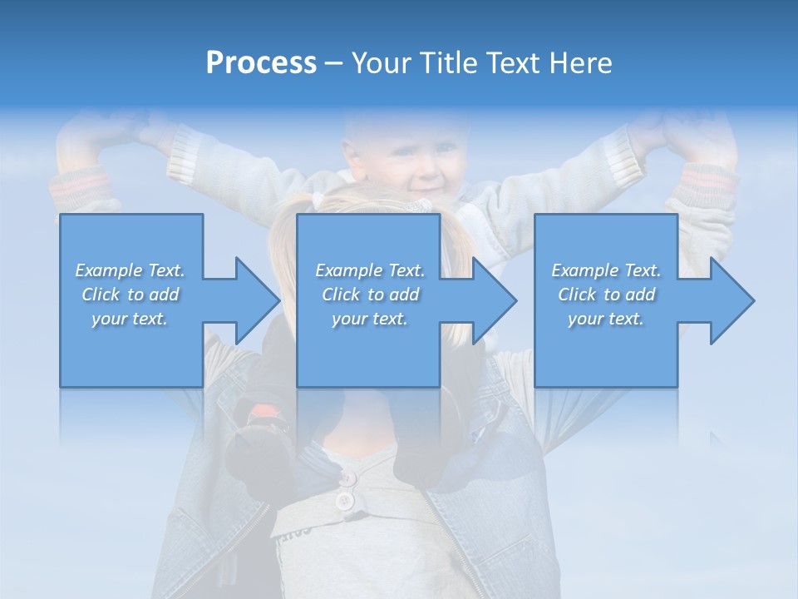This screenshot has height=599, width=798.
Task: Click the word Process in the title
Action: click(261, 63)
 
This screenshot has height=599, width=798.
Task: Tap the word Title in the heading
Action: click(446, 63)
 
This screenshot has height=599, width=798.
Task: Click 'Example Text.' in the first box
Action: click(130, 270)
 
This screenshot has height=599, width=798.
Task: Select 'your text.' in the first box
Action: click(130, 319)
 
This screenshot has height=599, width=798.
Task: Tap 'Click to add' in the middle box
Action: click(370, 295)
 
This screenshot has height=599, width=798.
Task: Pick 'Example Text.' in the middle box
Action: click(370, 270)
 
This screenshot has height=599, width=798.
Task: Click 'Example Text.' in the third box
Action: click(606, 270)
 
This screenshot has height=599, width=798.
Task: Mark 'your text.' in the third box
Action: click(606, 319)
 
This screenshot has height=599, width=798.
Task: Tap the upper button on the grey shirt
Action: click(347, 478)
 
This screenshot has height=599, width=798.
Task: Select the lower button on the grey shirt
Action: click(343, 501)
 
